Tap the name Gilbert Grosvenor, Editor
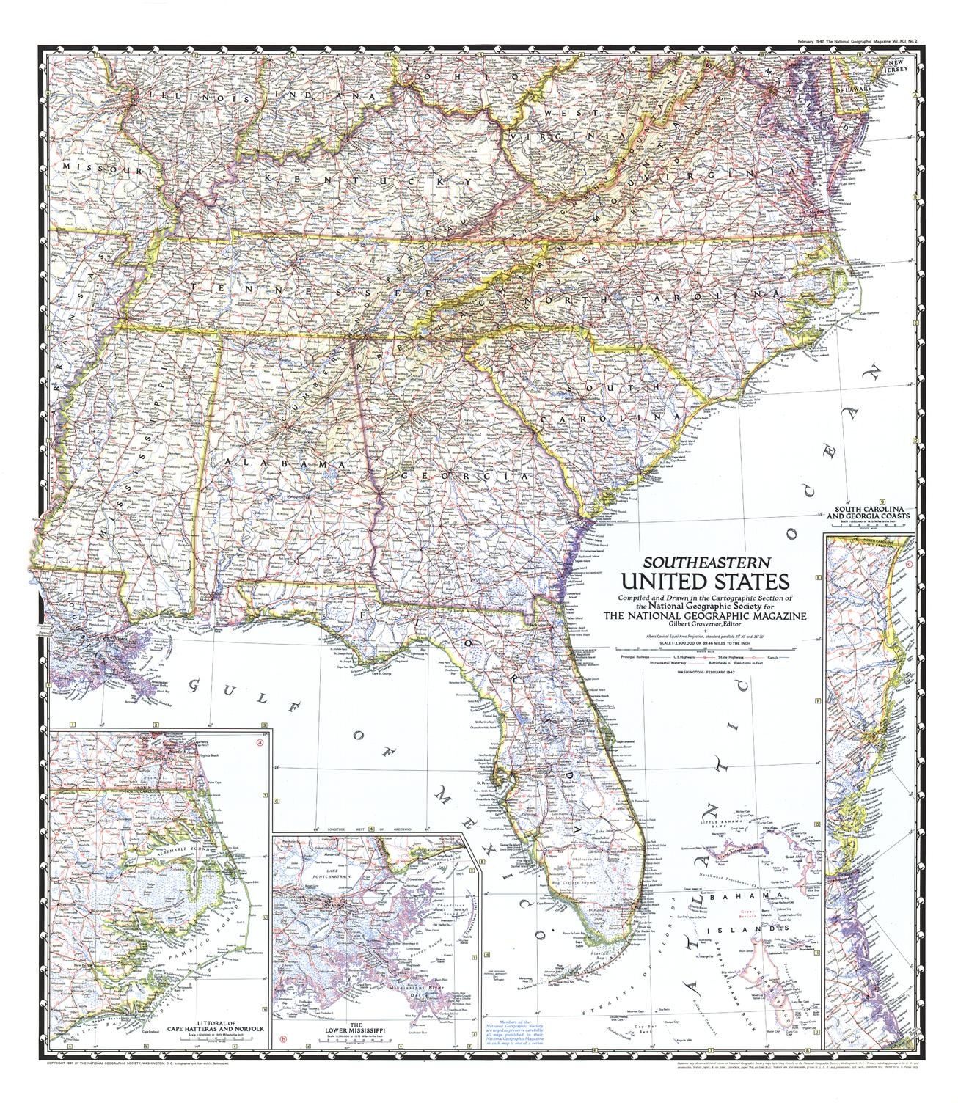point(706,624)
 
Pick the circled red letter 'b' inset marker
point(283,1037)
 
